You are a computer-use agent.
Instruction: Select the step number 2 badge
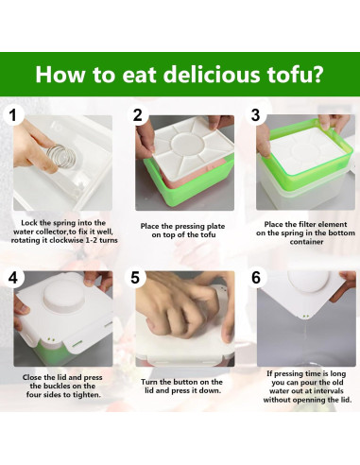pos(138,117)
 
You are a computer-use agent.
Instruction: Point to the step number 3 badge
pos(255,117)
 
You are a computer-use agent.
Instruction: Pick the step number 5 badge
pos(138,278)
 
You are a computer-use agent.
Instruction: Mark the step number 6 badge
pos(255,278)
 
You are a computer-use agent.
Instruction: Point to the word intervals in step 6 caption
pos(314,392)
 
